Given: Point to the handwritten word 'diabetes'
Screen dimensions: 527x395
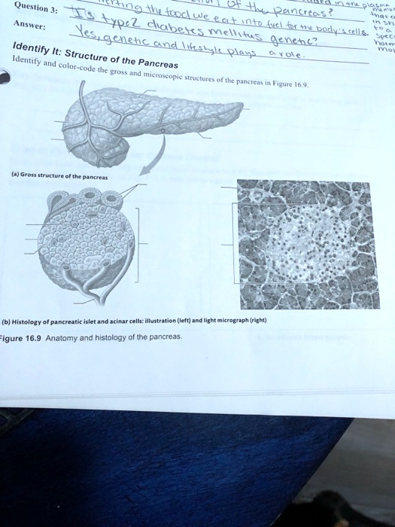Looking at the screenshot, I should (x=177, y=26).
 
